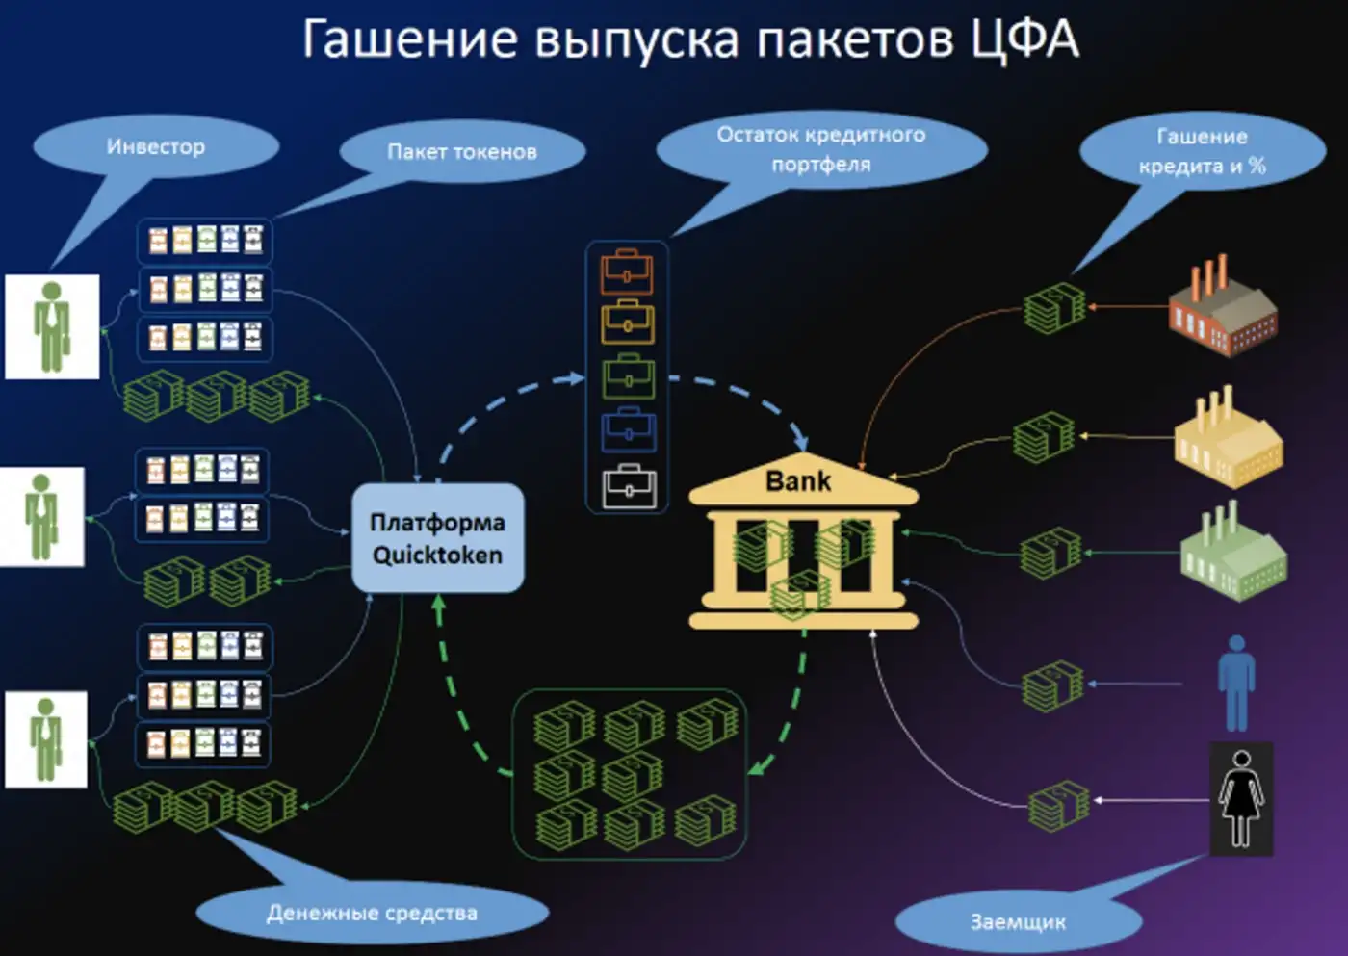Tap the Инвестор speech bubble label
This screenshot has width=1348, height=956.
(x=156, y=147)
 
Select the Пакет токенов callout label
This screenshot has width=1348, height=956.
(x=462, y=151)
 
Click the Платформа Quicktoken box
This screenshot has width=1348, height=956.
(x=437, y=538)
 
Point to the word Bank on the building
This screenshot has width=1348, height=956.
(x=797, y=480)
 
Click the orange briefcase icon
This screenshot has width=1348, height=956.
(x=627, y=272)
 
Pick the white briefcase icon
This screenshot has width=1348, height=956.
(x=629, y=486)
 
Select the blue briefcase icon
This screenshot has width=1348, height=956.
(x=629, y=431)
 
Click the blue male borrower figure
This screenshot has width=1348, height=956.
(x=1236, y=683)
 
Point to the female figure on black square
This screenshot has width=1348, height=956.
(x=1241, y=798)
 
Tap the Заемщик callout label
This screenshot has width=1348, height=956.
(x=1018, y=921)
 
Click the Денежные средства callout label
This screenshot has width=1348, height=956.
(x=372, y=913)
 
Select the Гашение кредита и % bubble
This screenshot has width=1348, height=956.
(x=1202, y=151)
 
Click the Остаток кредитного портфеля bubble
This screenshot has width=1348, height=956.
(x=820, y=149)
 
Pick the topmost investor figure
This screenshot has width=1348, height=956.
(x=52, y=326)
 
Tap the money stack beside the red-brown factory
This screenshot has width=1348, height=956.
(x=1053, y=308)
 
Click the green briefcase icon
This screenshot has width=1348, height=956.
(x=628, y=377)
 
